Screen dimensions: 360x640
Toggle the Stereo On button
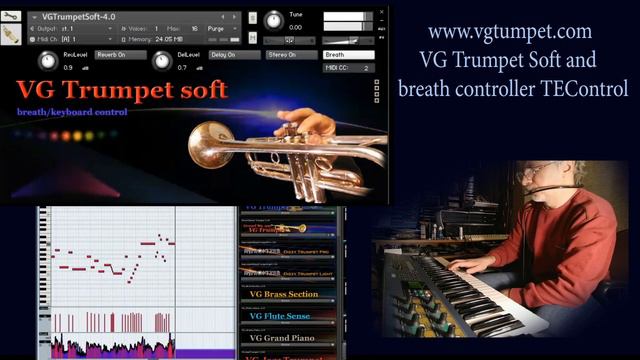289,55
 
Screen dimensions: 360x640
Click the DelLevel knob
161,59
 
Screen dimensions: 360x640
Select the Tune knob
273,19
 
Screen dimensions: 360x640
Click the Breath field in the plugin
349,55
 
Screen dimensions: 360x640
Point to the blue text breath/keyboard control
72,111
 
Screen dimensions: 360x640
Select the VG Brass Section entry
283,294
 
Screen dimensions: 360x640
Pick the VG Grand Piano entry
283,339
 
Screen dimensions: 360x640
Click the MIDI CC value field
365,68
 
